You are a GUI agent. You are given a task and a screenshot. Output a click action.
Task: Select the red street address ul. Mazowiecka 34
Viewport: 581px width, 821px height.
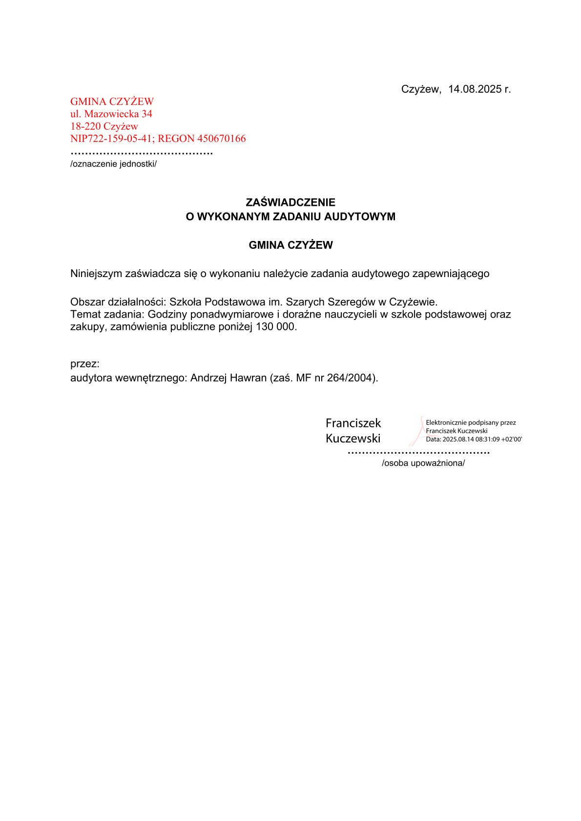pyautogui.click(x=111, y=114)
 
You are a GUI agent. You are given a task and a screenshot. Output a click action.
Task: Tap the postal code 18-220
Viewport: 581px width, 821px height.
pyautogui.click(x=85, y=126)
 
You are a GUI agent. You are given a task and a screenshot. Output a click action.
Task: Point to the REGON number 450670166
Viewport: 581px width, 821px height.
pyautogui.click(x=221, y=139)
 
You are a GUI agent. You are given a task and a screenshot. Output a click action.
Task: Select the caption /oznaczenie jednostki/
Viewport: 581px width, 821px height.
pyautogui.click(x=113, y=164)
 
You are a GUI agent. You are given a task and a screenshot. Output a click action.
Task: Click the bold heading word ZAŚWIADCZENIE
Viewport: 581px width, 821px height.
pyautogui.click(x=290, y=202)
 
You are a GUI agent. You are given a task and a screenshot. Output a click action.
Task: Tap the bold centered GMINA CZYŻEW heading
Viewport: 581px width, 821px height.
pyautogui.click(x=290, y=245)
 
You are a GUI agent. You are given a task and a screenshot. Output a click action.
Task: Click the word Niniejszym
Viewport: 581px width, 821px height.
pyautogui.click(x=96, y=274)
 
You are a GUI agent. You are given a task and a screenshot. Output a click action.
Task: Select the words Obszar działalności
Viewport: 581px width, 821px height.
pyautogui.click(x=118, y=302)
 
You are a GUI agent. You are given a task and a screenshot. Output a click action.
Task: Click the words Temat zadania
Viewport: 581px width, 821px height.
pyautogui.click(x=106, y=315)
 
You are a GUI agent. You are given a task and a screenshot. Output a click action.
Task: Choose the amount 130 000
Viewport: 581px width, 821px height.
pyautogui.click(x=275, y=327)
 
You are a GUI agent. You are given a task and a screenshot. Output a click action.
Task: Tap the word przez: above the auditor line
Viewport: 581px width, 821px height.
pyautogui.click(x=85, y=364)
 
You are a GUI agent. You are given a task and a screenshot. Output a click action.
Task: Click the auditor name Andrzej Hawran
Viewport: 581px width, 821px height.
pyautogui.click(x=228, y=378)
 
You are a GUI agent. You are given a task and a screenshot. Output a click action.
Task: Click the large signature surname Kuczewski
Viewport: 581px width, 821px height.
pyautogui.click(x=353, y=439)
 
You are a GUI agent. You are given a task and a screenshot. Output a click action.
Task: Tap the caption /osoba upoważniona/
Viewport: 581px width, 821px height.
pyautogui.click(x=423, y=463)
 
